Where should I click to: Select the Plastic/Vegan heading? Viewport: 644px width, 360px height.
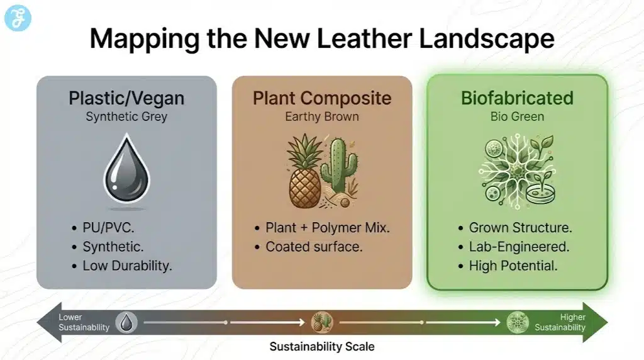pos(126,98)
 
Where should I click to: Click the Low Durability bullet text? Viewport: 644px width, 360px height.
pos(127,266)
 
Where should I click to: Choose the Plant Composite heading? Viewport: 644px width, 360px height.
pos(322,98)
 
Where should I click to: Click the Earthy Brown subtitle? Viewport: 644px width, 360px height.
pos(322,116)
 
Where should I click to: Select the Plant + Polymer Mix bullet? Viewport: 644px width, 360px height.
pos(328,227)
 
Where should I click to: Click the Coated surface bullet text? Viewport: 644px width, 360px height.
pos(314,247)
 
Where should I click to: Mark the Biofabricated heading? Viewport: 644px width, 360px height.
pos(517,98)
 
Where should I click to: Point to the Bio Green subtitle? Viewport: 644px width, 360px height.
pos(517,116)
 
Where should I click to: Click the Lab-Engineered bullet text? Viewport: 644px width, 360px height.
pos(519,247)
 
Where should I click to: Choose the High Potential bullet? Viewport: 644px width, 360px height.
pos(513,266)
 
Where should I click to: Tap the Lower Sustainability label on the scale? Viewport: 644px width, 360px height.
pos(84,322)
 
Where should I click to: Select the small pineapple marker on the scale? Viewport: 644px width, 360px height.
pos(321,322)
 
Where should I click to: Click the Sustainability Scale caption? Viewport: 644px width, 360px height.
pos(322,347)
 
